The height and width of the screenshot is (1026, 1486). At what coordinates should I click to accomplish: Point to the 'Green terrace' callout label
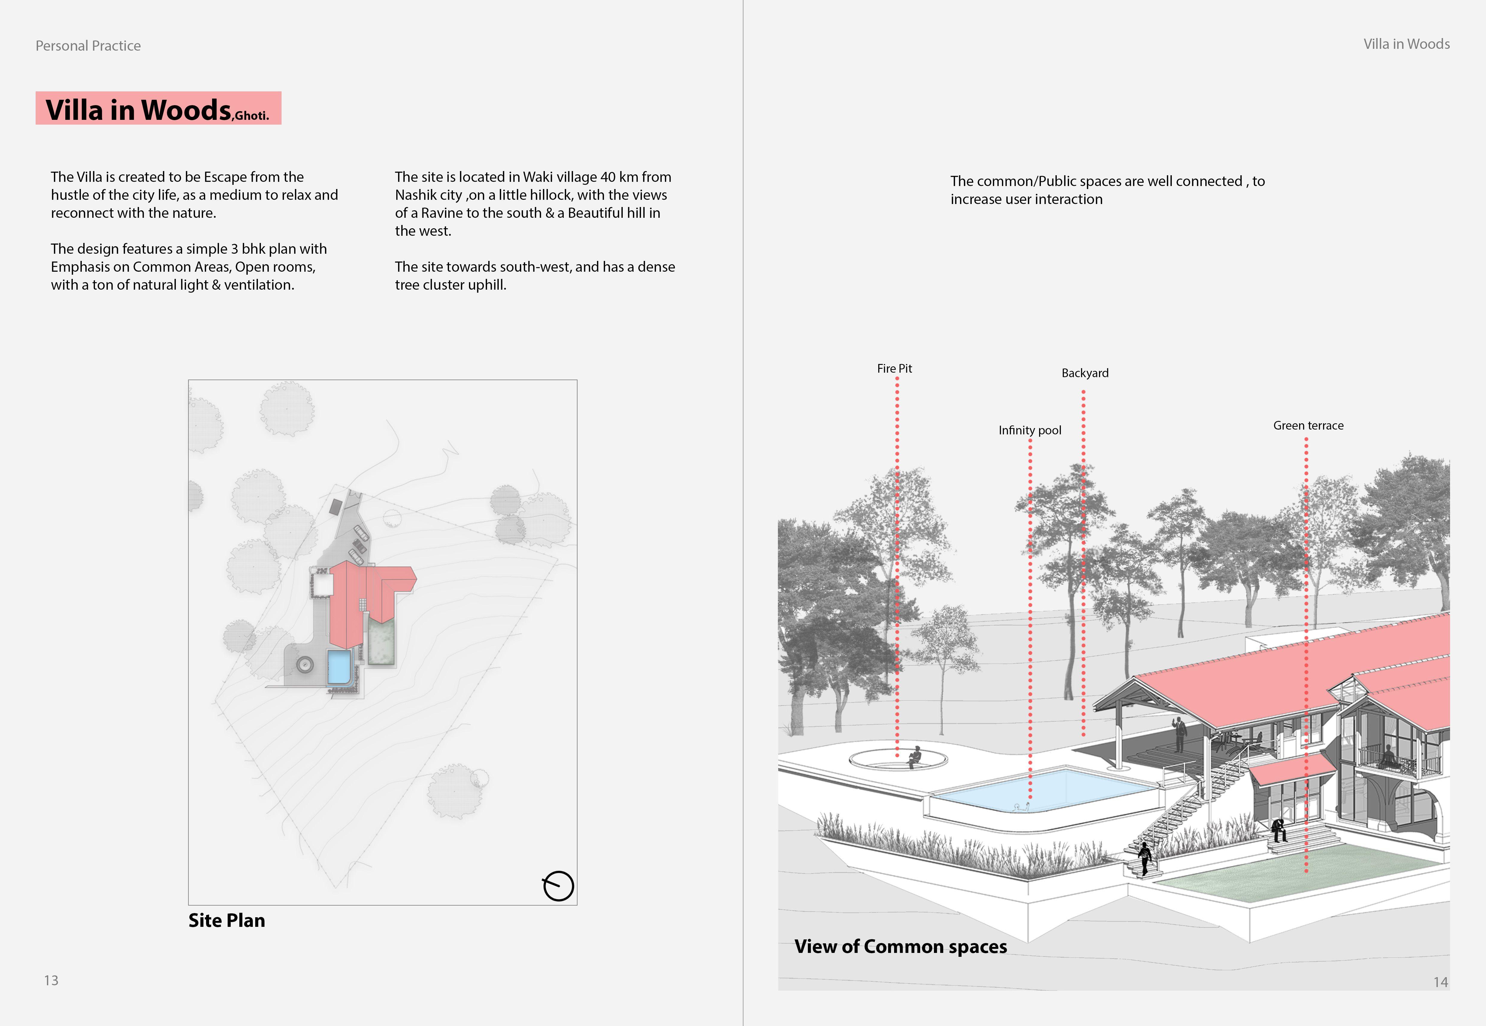click(1308, 426)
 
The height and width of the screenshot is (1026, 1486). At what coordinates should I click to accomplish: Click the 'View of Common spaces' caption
click(900, 946)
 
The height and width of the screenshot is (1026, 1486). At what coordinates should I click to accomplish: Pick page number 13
click(52, 980)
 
